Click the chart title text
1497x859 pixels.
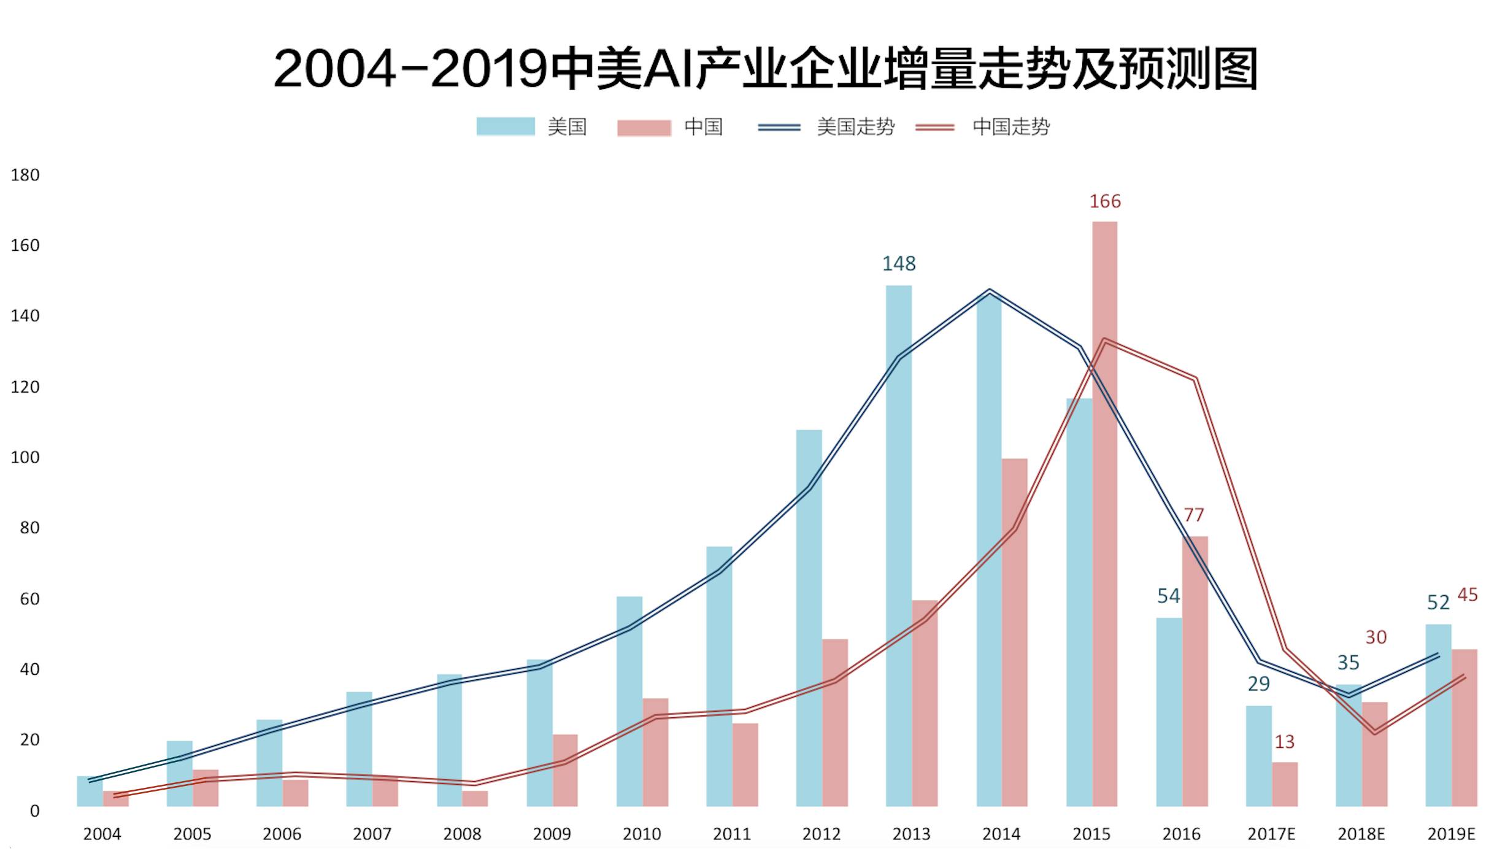(765, 69)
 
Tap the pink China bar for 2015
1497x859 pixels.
(1104, 515)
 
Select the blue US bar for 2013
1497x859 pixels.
(899, 546)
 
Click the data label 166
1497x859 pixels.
(1104, 201)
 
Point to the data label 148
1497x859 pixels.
(899, 264)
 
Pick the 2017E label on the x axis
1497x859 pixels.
(1271, 834)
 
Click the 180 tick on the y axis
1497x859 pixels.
(25, 175)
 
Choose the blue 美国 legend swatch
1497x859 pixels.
(506, 126)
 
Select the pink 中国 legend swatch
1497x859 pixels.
(644, 128)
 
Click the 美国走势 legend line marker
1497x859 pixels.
(779, 128)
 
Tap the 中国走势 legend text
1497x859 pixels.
(1011, 127)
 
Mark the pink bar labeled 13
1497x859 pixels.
(1285, 784)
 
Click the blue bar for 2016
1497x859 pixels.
(1169, 712)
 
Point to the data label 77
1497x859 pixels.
(1193, 515)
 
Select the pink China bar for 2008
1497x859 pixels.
(475, 798)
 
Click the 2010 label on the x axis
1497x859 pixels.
(642, 834)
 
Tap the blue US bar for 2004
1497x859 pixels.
(90, 792)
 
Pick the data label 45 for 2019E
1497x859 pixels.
(1467, 595)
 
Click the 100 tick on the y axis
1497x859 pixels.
(25, 458)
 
